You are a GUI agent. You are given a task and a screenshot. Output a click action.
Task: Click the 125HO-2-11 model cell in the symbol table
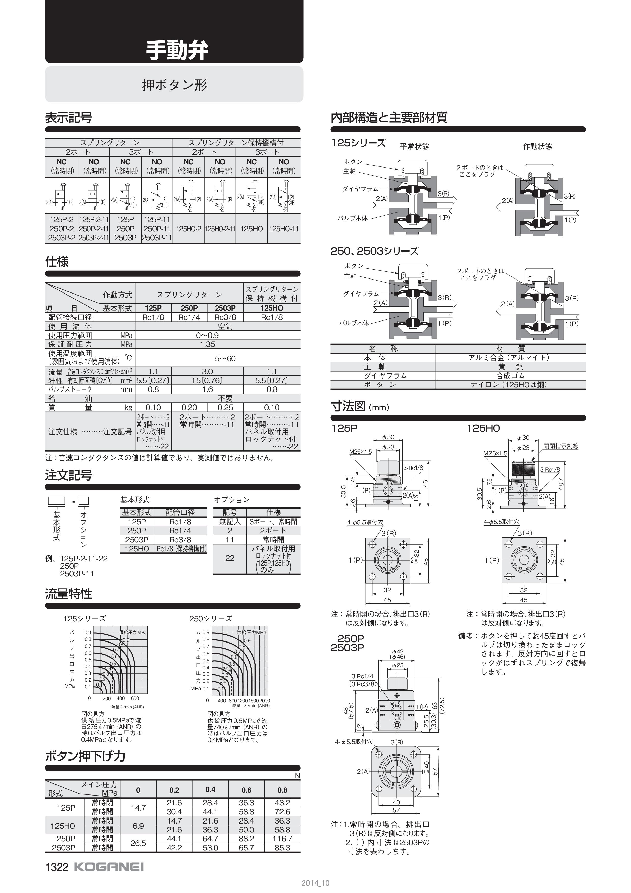[x=220, y=229]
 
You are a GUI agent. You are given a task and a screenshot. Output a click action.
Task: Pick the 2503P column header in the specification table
[x=225, y=308]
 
